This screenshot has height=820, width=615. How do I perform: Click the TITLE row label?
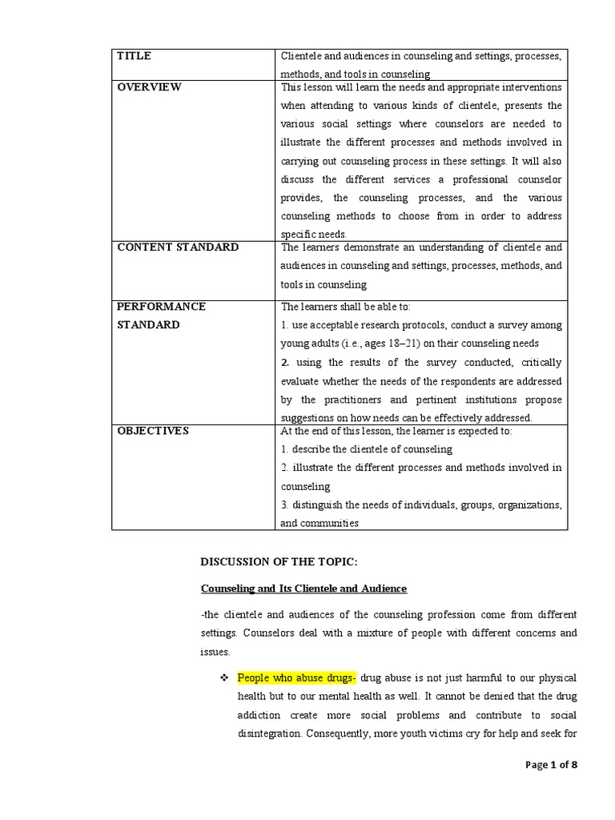click(135, 56)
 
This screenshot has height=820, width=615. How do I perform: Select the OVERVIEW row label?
click(150, 87)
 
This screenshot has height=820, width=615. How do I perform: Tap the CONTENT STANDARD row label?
click(178, 247)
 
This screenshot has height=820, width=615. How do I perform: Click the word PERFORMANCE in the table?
click(162, 307)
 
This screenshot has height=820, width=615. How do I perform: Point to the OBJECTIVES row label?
click(153, 431)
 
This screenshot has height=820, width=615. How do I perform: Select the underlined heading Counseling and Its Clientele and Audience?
click(303, 589)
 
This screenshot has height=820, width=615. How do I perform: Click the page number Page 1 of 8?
click(551, 765)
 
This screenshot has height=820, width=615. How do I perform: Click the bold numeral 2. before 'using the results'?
click(285, 363)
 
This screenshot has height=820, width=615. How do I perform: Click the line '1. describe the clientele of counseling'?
click(367, 449)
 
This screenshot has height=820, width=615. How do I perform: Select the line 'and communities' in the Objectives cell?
click(320, 524)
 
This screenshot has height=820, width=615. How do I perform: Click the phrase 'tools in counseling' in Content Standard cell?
click(324, 284)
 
